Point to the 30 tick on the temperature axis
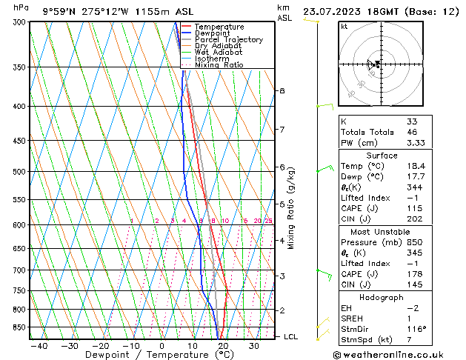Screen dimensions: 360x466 pyautogui.click(x=254, y=346)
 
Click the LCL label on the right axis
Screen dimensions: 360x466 pyautogui.click(x=291, y=336)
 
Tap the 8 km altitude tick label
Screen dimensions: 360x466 pyautogui.click(x=282, y=90)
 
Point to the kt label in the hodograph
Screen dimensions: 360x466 pyautogui.click(x=344, y=27)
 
